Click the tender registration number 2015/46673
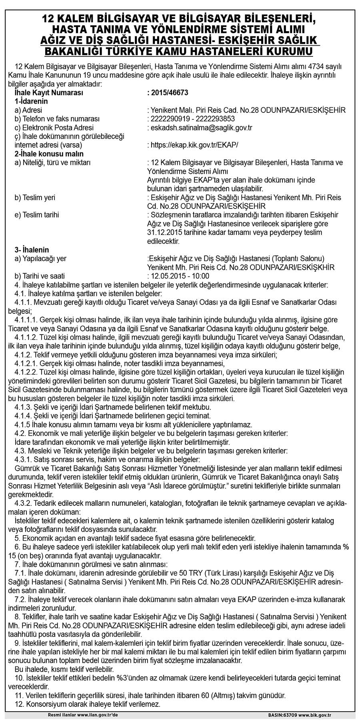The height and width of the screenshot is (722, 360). pyautogui.click(x=170, y=93)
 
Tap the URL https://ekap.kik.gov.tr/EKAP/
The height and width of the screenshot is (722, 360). pyautogui.click(x=196, y=145)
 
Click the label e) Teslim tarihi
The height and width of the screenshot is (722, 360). pyautogui.click(x=37, y=215)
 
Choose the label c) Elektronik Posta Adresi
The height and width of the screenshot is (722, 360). pyautogui.click(x=54, y=128)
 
